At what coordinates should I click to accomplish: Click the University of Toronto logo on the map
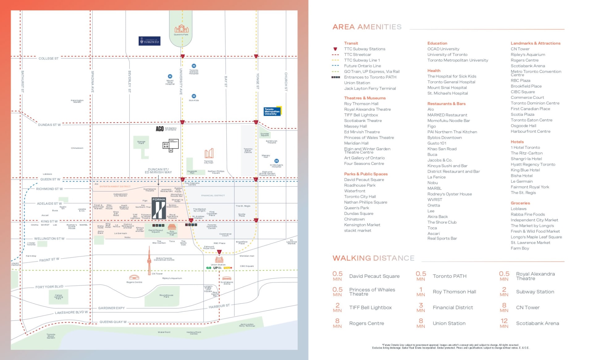149,41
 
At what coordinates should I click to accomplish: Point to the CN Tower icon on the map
149,261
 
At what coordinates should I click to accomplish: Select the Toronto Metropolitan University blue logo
272,111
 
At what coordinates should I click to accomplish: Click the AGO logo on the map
160,129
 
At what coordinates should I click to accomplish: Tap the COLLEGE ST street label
48,58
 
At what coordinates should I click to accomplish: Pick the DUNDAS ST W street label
49,125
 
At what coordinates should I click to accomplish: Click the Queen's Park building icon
182,29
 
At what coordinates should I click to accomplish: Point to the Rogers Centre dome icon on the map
134,277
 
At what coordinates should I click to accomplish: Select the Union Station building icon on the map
219,260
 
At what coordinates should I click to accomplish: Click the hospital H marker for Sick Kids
194,96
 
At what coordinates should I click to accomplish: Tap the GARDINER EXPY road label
111,308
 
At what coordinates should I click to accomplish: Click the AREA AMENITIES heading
367,27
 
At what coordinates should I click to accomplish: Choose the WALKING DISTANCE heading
373,258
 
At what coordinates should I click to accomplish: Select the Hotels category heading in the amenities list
517,142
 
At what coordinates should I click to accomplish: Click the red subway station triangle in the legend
335,49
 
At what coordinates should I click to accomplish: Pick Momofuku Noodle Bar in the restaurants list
448,121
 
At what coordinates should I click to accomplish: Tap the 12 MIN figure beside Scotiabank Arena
504,323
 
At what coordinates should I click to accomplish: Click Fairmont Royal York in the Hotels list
530,187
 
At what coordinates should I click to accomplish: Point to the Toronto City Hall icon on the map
209,153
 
